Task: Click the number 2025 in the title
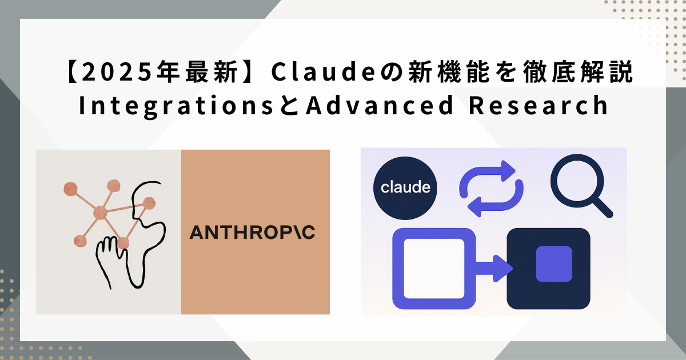click(117, 72)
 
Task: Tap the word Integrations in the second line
click(176, 106)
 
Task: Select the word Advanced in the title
click(380, 105)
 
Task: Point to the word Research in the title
click(539, 105)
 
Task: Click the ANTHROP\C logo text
click(252, 233)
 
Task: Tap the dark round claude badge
click(405, 188)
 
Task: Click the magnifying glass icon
click(581, 186)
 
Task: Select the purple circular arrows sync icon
click(491, 189)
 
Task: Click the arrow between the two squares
click(494, 269)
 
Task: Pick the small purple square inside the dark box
click(554, 263)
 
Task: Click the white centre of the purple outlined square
click(434, 269)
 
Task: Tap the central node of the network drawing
click(100, 213)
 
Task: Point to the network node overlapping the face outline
click(149, 203)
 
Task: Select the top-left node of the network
click(70, 189)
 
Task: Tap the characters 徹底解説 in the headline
click(577, 72)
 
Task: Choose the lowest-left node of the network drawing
click(80, 241)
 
